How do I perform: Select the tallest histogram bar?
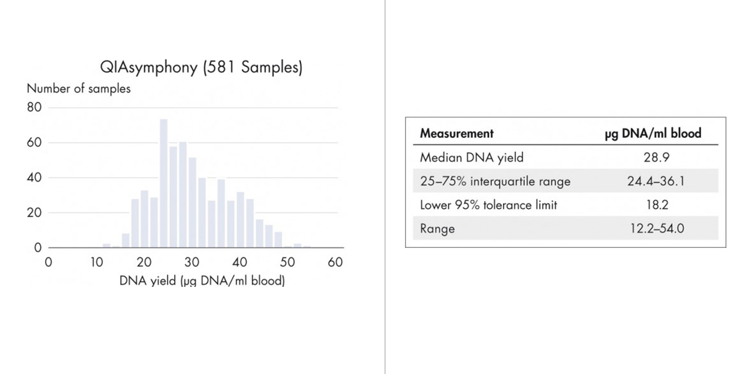(x=163, y=183)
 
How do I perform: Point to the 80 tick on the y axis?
(x=34, y=107)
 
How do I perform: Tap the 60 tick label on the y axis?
(x=34, y=142)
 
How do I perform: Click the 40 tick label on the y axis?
(x=34, y=178)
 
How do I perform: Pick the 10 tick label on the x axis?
(x=96, y=262)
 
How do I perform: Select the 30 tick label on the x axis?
(x=192, y=262)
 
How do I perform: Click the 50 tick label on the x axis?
(x=287, y=262)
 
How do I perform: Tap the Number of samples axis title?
(x=79, y=89)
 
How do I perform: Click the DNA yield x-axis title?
(x=202, y=280)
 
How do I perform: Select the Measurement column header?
(x=457, y=133)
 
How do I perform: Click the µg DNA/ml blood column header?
(x=653, y=134)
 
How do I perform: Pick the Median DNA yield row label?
(x=472, y=157)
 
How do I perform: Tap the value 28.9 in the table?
(x=656, y=157)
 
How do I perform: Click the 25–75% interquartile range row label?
(x=495, y=181)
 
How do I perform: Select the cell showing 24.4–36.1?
(x=656, y=181)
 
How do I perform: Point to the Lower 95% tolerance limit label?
(x=488, y=205)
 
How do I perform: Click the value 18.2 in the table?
(x=657, y=205)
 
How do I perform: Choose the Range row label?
(x=437, y=229)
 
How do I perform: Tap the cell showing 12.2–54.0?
(x=657, y=228)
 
